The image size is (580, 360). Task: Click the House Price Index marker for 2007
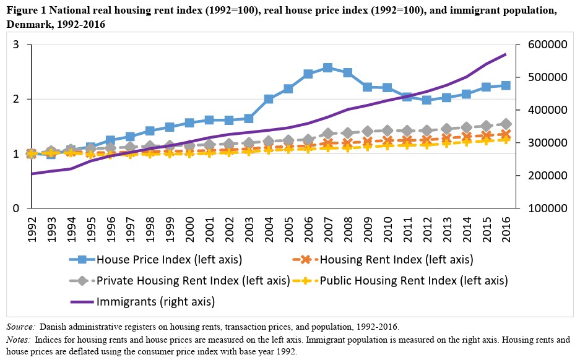click(x=327, y=67)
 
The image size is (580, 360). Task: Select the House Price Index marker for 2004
click(x=269, y=99)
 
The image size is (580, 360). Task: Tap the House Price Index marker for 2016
click(x=505, y=85)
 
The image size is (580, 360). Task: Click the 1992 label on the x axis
click(x=32, y=227)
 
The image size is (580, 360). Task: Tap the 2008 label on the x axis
click(x=347, y=227)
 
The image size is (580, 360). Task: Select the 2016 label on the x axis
click(x=505, y=227)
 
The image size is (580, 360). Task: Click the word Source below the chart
click(x=20, y=326)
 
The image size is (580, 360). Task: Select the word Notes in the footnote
click(x=19, y=340)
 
